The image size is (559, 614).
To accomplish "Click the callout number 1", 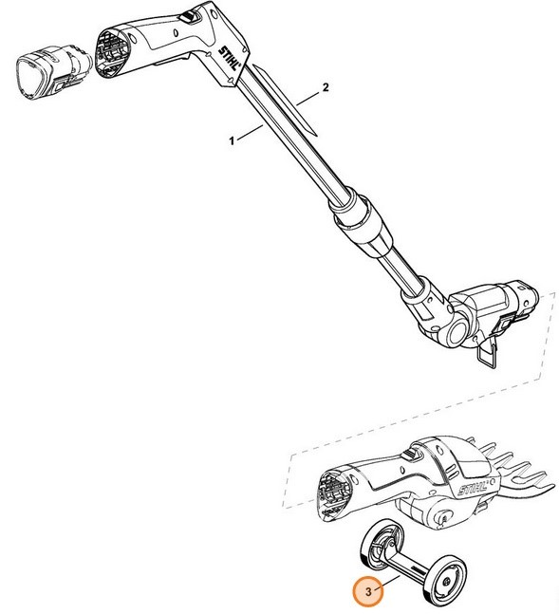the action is click(x=232, y=140).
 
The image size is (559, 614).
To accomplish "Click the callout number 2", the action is click(x=326, y=87).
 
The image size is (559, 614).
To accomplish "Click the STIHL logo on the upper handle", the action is click(x=229, y=58).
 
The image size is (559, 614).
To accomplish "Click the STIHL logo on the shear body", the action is click(x=473, y=489).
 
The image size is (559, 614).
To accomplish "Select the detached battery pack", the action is click(x=54, y=72).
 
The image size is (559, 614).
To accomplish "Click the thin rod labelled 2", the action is click(x=285, y=101).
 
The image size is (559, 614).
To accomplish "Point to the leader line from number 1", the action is click(x=250, y=131).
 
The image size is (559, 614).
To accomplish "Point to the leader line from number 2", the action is click(x=308, y=99).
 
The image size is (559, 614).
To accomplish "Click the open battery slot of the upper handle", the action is click(x=113, y=54).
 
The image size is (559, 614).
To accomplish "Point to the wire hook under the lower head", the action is click(x=488, y=355).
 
